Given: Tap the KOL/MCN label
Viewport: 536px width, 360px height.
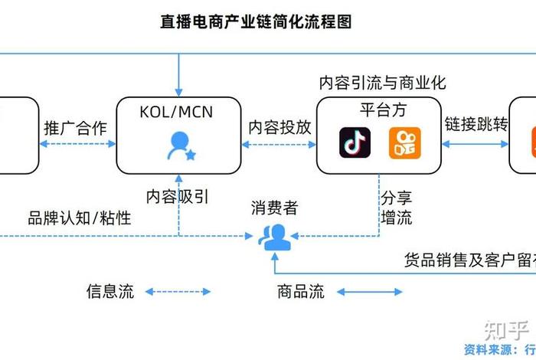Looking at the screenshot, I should click(x=176, y=113).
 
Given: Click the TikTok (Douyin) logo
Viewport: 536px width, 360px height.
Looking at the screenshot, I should click(x=355, y=143).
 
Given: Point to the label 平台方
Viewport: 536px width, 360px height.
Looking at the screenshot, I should click(x=380, y=109).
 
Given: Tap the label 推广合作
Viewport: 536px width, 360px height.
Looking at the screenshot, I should click(x=76, y=128).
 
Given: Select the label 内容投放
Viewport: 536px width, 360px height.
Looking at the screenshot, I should click(x=280, y=128).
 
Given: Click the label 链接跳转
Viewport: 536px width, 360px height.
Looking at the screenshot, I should click(x=476, y=124).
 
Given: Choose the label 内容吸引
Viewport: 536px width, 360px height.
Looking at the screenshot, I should click(x=178, y=196).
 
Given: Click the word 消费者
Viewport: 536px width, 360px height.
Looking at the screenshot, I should click(x=274, y=207).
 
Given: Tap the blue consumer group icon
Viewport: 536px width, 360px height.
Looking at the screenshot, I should click(x=273, y=236).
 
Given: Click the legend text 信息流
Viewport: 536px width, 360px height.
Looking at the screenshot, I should click(x=109, y=291).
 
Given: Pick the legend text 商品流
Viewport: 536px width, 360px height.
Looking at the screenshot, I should click(x=300, y=291).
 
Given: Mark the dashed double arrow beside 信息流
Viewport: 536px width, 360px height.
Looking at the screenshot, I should click(x=178, y=291).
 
